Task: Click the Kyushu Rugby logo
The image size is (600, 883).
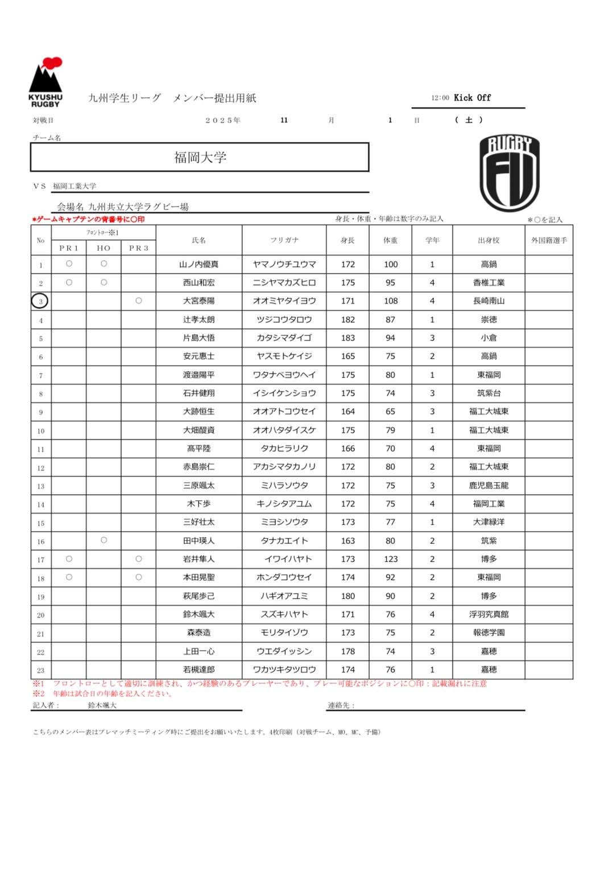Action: pyautogui.click(x=45, y=82)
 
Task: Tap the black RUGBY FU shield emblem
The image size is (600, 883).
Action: pyautogui.click(x=509, y=173)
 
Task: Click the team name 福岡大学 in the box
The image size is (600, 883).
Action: pyautogui.click(x=200, y=157)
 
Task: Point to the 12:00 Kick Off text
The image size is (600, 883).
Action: pyautogui.click(x=461, y=98)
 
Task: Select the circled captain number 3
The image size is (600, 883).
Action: pyautogui.click(x=40, y=301)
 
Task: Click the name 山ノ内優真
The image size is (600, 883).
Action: pyautogui.click(x=198, y=264)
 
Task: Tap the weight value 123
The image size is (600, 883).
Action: pyautogui.click(x=391, y=559)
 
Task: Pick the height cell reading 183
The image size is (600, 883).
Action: pyautogui.click(x=348, y=338)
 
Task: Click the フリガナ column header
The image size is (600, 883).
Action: pyautogui.click(x=284, y=240)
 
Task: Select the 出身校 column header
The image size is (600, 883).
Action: pyautogui.click(x=489, y=240)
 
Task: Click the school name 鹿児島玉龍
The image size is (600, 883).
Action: pyautogui.click(x=489, y=486)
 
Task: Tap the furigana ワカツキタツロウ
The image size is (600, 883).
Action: pyautogui.click(x=284, y=670)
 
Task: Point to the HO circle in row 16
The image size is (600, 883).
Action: pyautogui.click(x=104, y=540)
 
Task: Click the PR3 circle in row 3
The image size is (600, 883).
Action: pyautogui.click(x=139, y=301)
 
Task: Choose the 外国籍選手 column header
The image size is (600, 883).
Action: pyautogui.click(x=549, y=240)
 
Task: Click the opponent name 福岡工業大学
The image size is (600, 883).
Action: pyautogui.click(x=75, y=186)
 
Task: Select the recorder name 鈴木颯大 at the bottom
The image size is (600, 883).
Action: pyautogui.click(x=102, y=705)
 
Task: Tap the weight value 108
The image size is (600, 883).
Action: pyautogui.click(x=391, y=301)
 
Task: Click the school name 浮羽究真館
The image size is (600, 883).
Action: pyautogui.click(x=489, y=614)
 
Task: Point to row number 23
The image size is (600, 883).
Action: pyautogui.click(x=41, y=670)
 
